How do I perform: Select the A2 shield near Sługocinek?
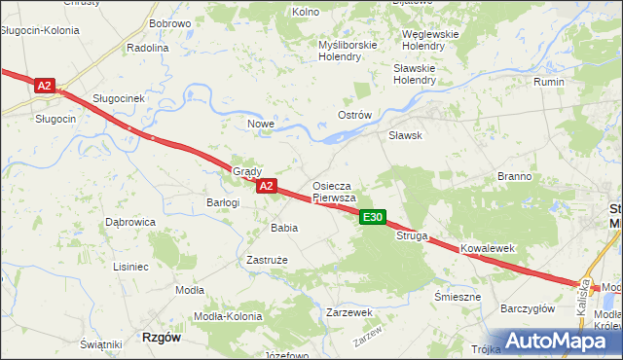[44, 86]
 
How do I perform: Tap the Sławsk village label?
[405, 136]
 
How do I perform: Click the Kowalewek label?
[487, 249]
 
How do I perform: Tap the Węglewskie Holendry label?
[430, 40]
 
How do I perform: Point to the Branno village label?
[514, 176]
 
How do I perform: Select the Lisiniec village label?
[130, 266]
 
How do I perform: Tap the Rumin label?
[549, 82]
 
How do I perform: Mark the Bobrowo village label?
[169, 22]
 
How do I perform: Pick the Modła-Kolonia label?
[225, 317]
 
